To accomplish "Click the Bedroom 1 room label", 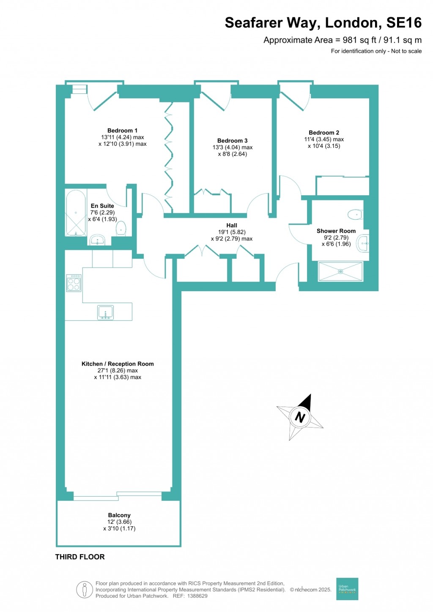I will [122, 131].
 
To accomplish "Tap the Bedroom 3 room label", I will [232, 141].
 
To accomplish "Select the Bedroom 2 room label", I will [324, 133].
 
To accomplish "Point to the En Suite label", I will [102, 206].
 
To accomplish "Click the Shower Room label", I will [336, 231].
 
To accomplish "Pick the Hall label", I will [231, 225].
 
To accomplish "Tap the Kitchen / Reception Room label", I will [118, 364].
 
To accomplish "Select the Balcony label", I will [119, 515].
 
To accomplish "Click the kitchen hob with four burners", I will [74, 283].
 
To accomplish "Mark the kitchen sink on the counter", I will [105, 313].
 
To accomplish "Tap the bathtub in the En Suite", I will [76, 213].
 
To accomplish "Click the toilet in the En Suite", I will [121, 228].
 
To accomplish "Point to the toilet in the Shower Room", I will [356, 215].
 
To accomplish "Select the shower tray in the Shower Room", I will [340, 271].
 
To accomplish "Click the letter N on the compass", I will [300, 417].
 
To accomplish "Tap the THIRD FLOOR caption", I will [80, 557].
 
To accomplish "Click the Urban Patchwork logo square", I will [347, 589].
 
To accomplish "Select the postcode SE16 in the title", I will [404, 23].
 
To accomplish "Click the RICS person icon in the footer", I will [85, 590].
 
